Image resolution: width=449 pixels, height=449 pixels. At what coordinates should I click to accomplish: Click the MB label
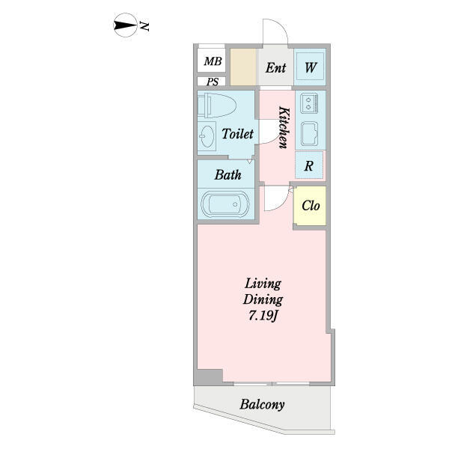click(x=213, y=61)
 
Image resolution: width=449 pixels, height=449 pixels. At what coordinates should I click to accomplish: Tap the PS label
click(x=213, y=82)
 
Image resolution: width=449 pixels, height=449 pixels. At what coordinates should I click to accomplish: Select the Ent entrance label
click(x=275, y=68)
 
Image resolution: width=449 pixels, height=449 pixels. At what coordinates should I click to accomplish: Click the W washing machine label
click(x=311, y=68)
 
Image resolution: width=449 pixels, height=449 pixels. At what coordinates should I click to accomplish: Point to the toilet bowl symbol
click(x=217, y=105)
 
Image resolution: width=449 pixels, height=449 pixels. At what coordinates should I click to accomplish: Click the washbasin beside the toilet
click(x=207, y=136)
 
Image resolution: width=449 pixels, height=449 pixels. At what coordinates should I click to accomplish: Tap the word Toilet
click(x=238, y=134)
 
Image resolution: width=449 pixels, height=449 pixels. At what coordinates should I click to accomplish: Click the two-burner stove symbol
click(x=309, y=103)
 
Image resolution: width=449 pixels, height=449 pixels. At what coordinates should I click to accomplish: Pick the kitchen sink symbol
click(x=310, y=133)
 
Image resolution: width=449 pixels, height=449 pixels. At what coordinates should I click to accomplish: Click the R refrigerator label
click(x=308, y=166)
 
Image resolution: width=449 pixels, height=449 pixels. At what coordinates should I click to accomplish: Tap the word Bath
click(x=228, y=174)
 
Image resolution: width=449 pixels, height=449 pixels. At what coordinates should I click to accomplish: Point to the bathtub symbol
click(x=225, y=204)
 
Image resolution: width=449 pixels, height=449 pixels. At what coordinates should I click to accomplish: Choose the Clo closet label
click(x=311, y=205)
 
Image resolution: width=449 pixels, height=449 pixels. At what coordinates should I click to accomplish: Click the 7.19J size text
click(x=263, y=316)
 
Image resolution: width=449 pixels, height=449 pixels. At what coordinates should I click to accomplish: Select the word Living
click(x=263, y=284)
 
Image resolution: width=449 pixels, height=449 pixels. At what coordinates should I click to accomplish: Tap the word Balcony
click(x=263, y=404)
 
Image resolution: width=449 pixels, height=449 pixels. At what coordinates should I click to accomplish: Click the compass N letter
click(x=144, y=26)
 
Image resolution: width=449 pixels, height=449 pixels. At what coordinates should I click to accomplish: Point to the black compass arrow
click(x=126, y=25)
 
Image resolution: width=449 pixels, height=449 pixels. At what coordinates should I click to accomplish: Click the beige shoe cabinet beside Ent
click(x=243, y=67)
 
